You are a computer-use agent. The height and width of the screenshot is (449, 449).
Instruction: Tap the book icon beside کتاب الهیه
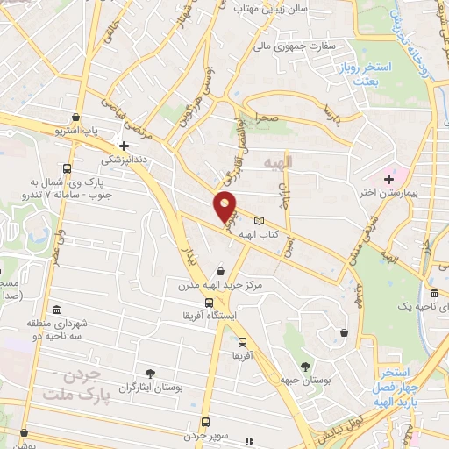(258, 221)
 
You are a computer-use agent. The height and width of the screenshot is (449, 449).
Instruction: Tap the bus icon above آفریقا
(243, 343)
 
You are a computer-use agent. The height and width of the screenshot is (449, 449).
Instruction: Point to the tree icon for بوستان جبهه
(304, 367)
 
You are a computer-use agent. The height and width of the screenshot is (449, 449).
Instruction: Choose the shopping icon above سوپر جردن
(206, 422)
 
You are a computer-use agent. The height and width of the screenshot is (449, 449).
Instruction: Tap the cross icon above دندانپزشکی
(125, 146)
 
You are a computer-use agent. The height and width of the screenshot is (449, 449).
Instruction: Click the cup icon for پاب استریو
(78, 118)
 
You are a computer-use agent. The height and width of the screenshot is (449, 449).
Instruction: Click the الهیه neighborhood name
(299, 162)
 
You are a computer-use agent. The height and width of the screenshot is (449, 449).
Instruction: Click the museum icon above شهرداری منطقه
(56, 310)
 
